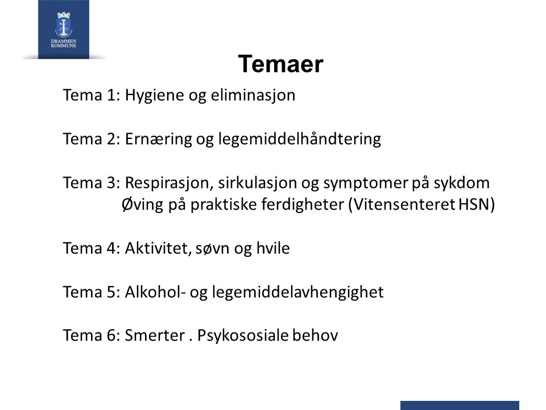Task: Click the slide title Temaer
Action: coord(280,64)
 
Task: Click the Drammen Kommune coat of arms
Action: coord(63,24)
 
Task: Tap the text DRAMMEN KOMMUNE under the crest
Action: coord(63,43)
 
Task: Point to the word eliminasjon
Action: coord(253,95)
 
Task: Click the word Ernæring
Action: coord(159,139)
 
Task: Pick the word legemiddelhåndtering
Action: coord(300,139)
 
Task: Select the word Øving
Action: coord(142,204)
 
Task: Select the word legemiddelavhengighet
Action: coord(297,292)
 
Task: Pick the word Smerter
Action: coord(155,335)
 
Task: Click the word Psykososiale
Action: coord(243,336)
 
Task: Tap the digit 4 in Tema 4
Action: coord(111,248)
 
